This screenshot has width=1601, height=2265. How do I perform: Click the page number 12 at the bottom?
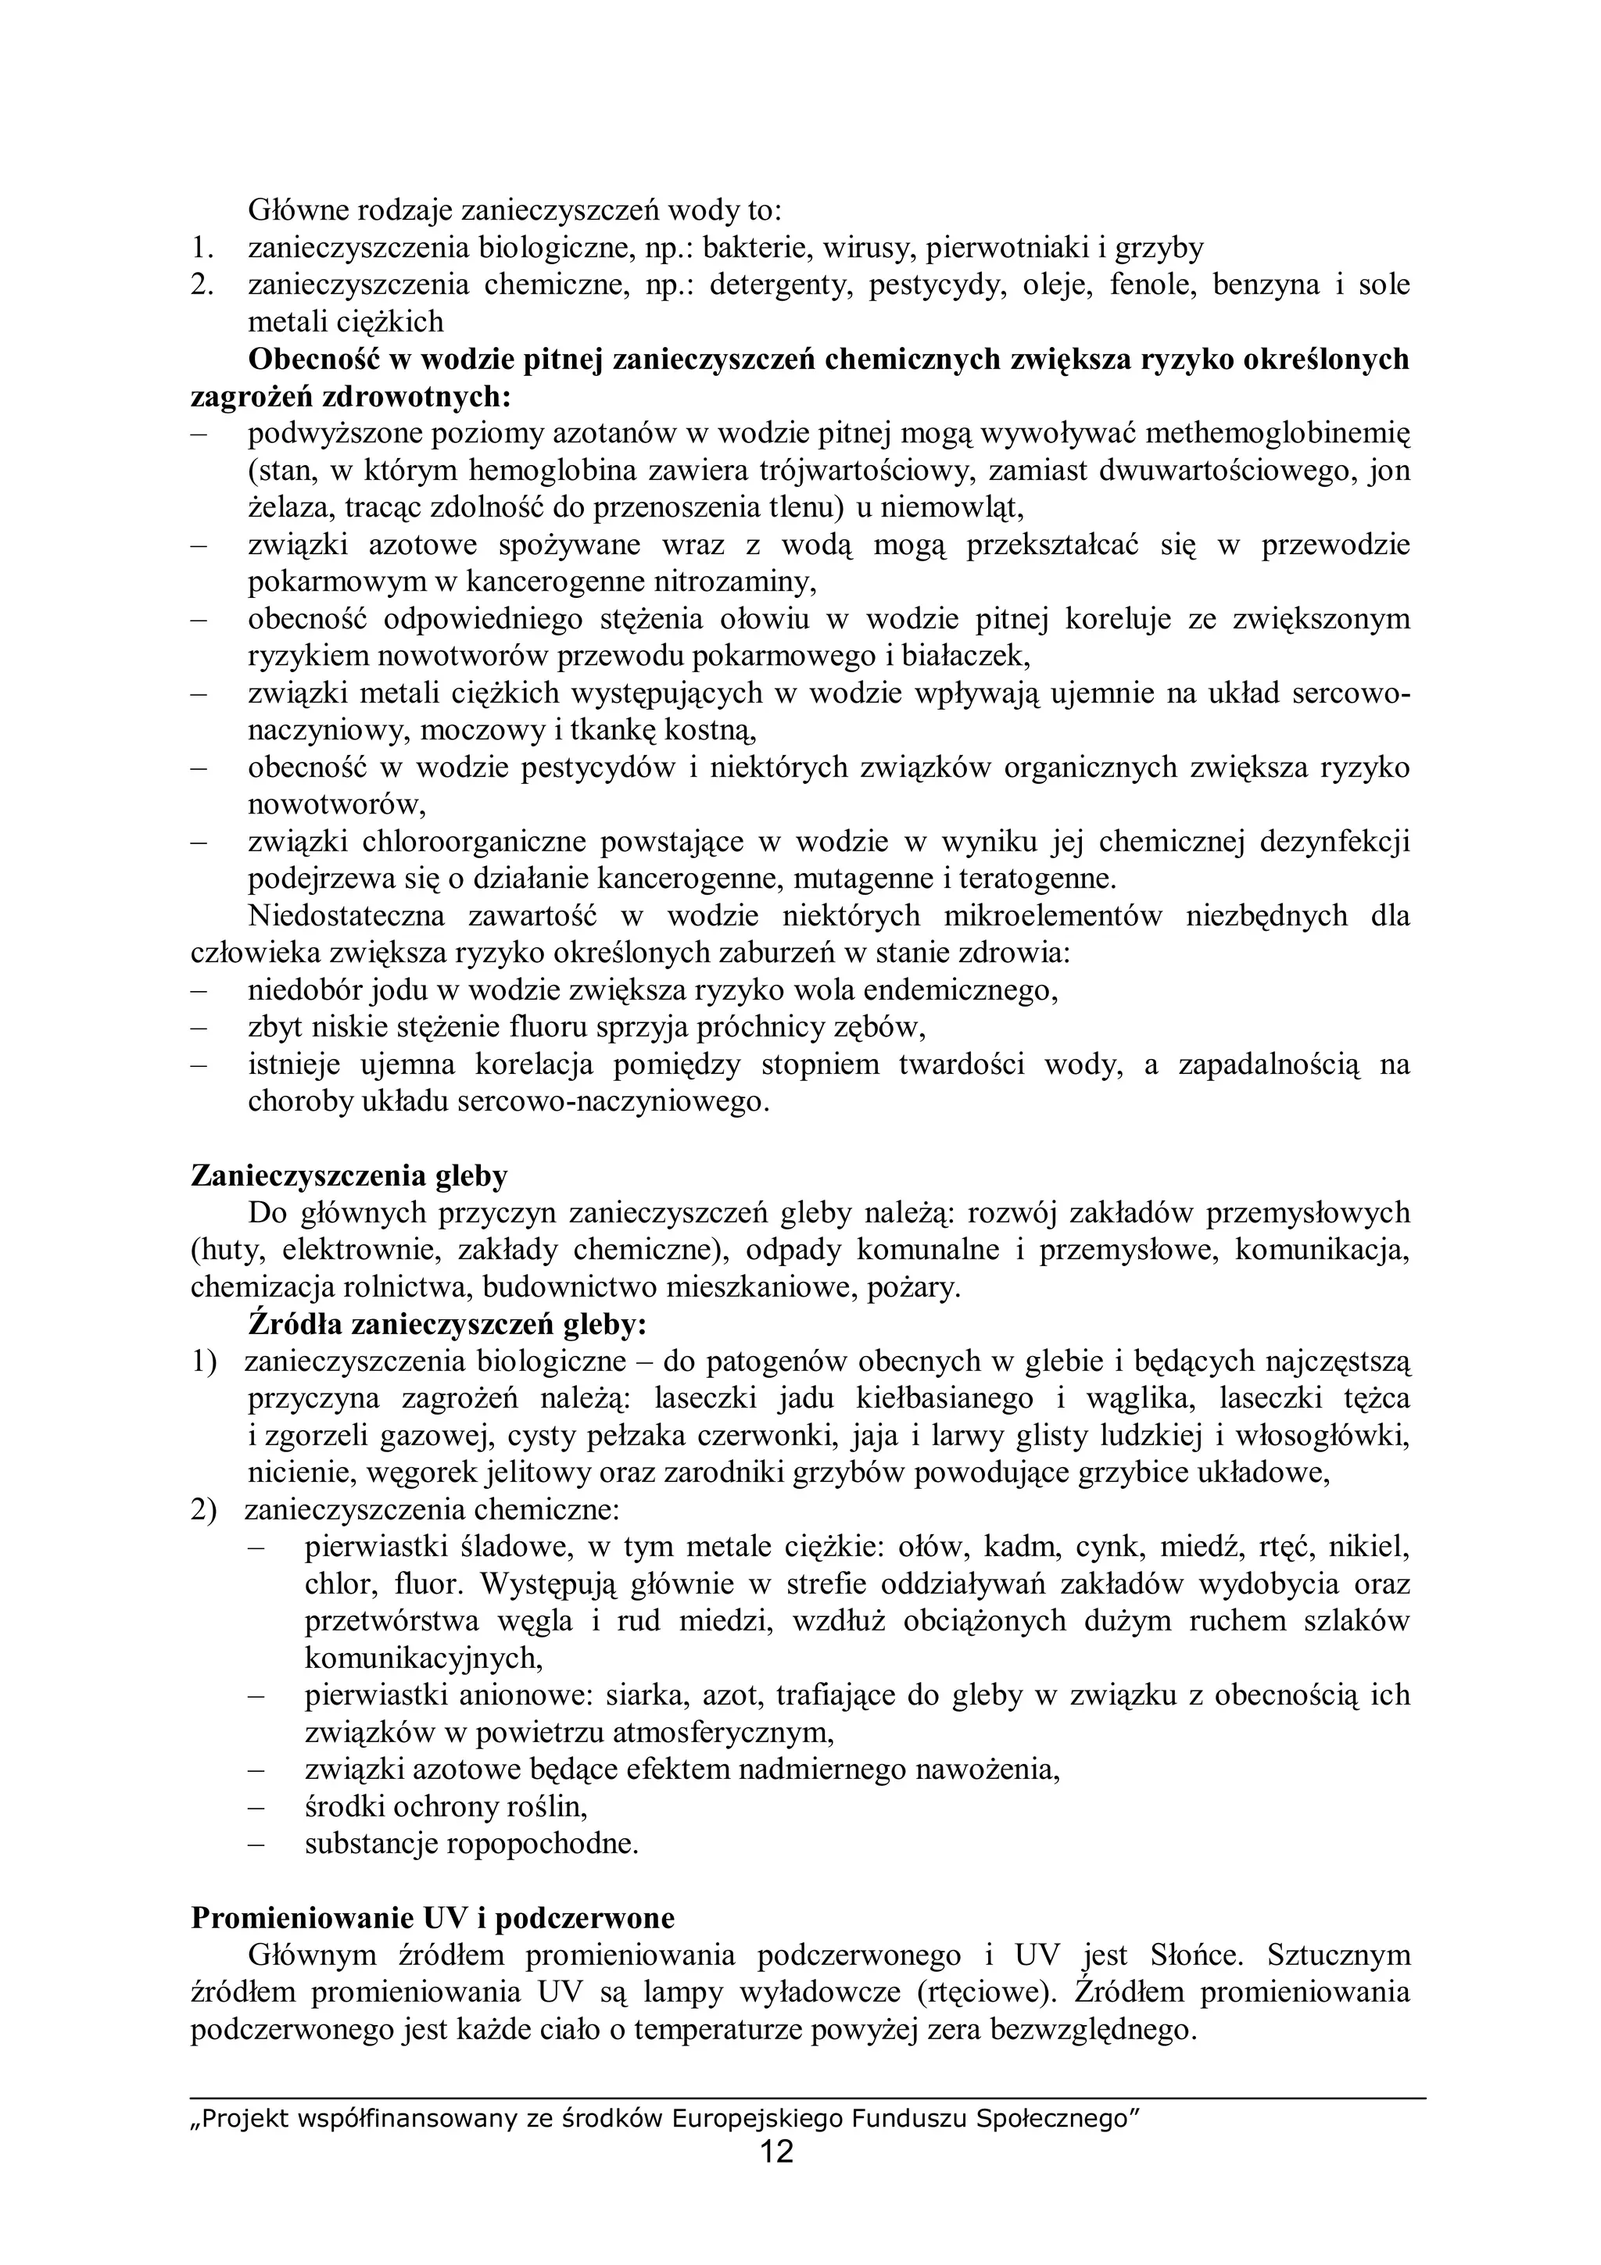point(777,2152)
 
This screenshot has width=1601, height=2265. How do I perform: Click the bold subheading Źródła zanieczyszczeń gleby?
point(447,1324)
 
